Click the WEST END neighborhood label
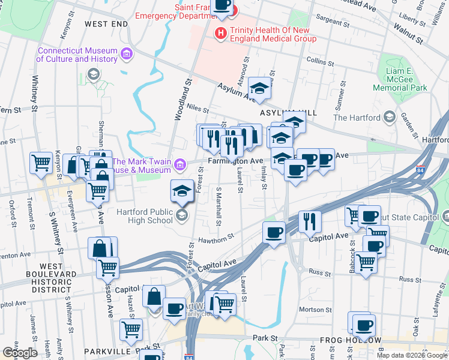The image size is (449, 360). click(x=106, y=24)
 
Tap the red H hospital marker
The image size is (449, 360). click(x=221, y=32)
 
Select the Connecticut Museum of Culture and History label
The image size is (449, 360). click(x=77, y=55)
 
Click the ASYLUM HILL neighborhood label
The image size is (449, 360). click(x=283, y=113)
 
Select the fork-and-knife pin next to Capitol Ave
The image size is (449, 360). click(x=310, y=221)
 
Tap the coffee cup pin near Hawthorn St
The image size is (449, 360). click(x=274, y=233)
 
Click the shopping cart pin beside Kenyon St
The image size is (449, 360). click(x=41, y=163)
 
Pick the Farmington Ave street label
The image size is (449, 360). click(x=236, y=161)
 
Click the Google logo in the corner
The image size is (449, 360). click(x=20, y=352)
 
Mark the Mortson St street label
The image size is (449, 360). click(x=312, y=309)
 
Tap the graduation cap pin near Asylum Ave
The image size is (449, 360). click(x=259, y=90)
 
